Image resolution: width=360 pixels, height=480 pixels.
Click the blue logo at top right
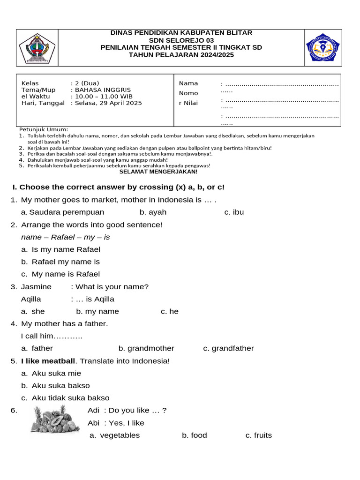(322, 48)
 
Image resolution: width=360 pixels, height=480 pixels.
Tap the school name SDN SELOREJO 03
(181, 40)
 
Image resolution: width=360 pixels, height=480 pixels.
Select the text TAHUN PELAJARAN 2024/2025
(181, 55)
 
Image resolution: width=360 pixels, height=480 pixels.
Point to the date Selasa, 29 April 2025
(106, 103)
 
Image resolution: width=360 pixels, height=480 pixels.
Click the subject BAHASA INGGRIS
(101, 90)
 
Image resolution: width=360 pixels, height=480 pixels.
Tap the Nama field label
(188, 83)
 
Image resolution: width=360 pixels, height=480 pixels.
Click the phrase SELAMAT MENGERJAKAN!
(158, 172)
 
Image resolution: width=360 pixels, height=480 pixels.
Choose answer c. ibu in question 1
(234, 212)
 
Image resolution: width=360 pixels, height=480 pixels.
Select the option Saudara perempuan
(62, 212)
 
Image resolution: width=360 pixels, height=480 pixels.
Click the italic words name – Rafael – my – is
(66, 237)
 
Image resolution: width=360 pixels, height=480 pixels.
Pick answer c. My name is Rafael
(60, 274)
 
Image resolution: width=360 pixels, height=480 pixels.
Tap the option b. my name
(97, 312)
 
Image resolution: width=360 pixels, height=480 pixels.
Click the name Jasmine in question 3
(37, 287)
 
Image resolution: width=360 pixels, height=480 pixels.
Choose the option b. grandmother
(146, 348)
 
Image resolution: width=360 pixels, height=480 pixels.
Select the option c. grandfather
(228, 348)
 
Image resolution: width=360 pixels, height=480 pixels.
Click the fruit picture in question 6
(55, 419)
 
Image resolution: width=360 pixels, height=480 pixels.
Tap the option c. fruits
(258, 435)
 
